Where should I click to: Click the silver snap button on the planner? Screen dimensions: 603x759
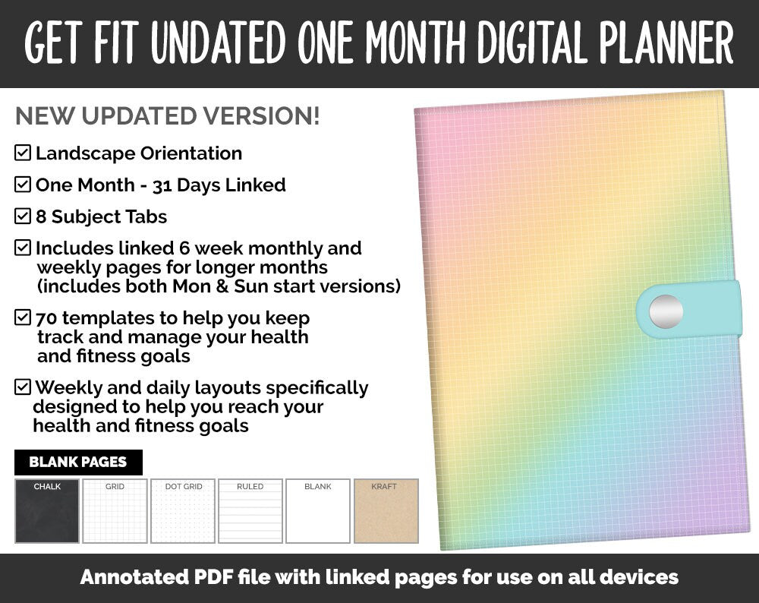point(666,311)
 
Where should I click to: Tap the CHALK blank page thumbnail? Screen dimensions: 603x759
point(47,511)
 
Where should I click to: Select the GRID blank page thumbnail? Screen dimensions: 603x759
point(115,511)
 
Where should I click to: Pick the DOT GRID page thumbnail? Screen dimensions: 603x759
point(183,511)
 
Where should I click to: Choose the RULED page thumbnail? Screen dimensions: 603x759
point(250,511)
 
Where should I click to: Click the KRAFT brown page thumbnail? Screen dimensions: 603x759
point(386,511)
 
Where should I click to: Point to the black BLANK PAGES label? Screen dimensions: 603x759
point(78,462)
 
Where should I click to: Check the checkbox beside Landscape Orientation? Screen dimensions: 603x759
point(23,153)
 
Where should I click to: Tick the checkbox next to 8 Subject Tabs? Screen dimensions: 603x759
point(23,216)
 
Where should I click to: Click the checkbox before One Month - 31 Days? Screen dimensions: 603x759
point(23,185)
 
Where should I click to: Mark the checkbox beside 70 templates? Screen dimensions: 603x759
point(23,317)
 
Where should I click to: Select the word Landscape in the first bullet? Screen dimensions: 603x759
point(82,153)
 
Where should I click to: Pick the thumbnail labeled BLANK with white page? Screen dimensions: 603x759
point(318,511)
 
